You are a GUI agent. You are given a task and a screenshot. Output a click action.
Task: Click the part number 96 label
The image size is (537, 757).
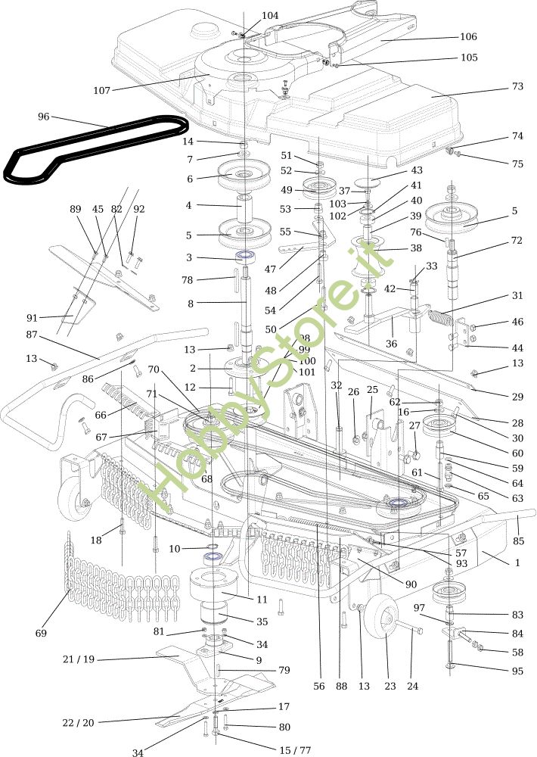coord(43,117)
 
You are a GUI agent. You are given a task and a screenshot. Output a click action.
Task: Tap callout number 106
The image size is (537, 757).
coord(468,36)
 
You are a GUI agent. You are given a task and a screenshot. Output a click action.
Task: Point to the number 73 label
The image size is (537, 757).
coord(517,86)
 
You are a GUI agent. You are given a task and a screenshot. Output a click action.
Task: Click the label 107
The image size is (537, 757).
coord(101,91)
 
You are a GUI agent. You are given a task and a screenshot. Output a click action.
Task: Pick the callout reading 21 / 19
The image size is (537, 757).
coord(79,659)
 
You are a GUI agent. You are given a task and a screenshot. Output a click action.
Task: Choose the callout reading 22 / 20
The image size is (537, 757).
coord(79,723)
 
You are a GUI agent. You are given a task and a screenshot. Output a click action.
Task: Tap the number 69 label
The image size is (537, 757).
coord(41,633)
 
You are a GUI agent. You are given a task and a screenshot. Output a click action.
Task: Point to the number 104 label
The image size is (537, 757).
coord(270,15)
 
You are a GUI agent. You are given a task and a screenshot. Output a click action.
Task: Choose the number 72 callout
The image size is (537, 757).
coord(517,240)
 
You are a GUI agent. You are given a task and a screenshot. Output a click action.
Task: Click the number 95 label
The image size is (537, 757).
coord(517,671)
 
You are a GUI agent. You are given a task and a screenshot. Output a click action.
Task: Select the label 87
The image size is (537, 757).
coord(31,334)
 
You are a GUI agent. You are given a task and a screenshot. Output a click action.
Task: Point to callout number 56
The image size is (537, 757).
coord(318,686)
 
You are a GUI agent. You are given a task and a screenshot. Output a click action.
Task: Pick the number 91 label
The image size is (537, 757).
coord(31,317)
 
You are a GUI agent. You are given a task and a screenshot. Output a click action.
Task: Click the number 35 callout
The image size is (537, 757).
coord(262,621)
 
